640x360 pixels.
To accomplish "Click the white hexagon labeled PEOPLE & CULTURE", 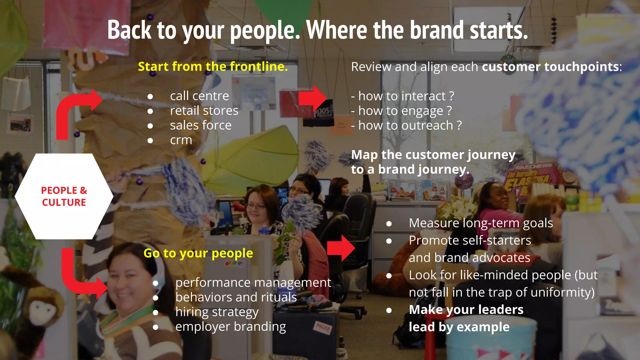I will [x=64, y=196].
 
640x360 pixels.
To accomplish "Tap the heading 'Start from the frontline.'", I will [x=213, y=67].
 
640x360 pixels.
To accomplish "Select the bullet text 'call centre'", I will [x=199, y=96].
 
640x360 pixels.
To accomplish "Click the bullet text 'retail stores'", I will [x=204, y=111].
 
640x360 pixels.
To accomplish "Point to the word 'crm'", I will [x=181, y=140].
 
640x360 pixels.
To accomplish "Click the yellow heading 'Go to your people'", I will [x=198, y=253].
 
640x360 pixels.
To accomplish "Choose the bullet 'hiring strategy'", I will [x=217, y=312].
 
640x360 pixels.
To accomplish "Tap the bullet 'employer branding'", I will [x=231, y=327].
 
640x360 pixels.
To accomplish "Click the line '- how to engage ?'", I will [x=402, y=111].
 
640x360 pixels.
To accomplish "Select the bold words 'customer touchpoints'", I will [x=550, y=67].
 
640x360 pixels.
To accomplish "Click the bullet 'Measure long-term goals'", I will [x=481, y=223].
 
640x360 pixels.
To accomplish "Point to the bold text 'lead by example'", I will [x=459, y=327].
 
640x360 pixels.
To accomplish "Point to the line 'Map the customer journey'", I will [x=433, y=155].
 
